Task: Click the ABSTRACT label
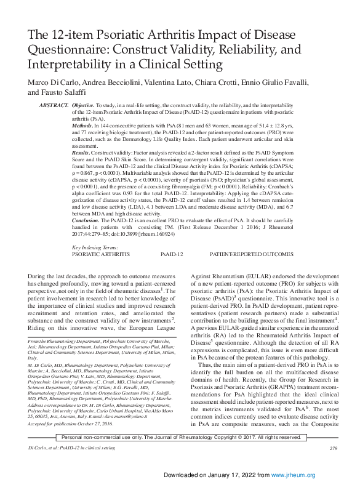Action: click(54, 106)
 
